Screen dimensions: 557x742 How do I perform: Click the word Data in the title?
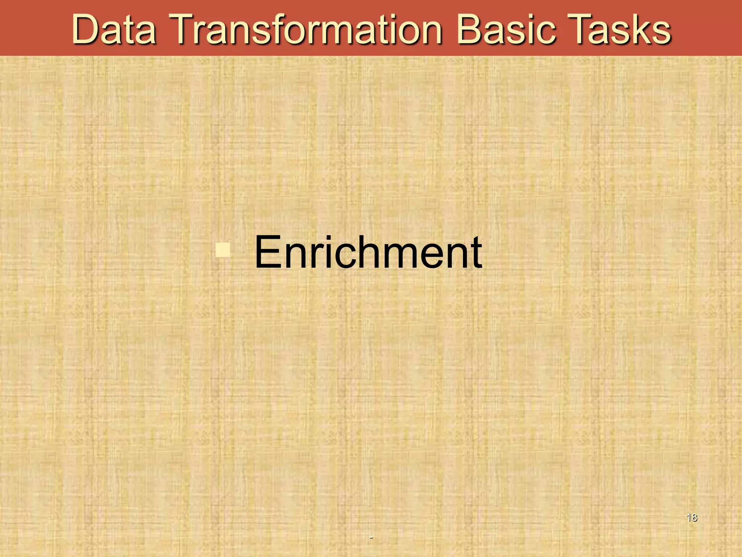(x=114, y=29)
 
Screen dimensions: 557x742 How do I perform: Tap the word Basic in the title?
(x=506, y=29)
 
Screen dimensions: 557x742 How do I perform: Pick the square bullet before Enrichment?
(x=222, y=250)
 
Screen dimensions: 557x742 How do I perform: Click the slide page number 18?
(x=692, y=517)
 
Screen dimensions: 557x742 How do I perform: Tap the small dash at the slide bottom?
(x=371, y=537)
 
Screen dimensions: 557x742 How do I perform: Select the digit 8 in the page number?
(x=694, y=517)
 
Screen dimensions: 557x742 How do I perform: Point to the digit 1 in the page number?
(x=689, y=517)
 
